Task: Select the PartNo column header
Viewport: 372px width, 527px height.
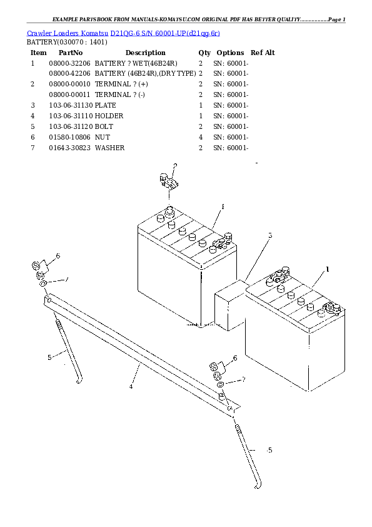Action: (68, 53)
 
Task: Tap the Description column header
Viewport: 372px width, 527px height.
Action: (145, 53)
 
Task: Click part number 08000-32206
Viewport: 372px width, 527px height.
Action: (69, 64)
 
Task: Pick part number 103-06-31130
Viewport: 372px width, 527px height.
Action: (69, 106)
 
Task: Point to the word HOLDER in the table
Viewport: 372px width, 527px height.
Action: (109, 116)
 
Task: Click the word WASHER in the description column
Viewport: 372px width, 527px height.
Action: (109, 148)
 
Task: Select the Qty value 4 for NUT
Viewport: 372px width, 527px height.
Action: (200, 138)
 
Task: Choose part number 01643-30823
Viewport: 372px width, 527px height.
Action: (69, 148)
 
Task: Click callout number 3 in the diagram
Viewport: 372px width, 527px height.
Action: (270, 236)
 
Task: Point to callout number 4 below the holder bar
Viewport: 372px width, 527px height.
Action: (131, 387)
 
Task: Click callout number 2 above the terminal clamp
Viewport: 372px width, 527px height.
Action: (175, 166)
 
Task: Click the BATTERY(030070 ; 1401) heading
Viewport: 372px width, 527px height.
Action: (66, 43)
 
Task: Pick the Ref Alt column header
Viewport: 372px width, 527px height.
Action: (262, 53)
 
